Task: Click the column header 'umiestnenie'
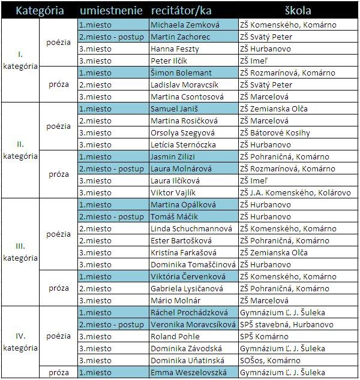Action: point(110,11)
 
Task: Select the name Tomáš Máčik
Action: point(175,216)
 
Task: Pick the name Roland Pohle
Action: point(174,336)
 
